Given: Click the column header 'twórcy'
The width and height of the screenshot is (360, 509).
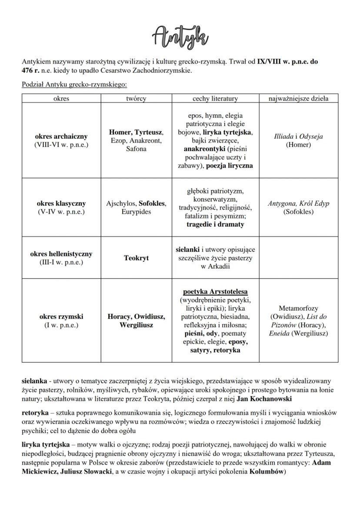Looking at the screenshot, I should click(136, 99).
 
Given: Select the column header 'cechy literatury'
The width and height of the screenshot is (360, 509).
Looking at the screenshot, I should click(215, 99).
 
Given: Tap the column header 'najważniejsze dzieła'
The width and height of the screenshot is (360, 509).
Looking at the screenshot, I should click(298, 99).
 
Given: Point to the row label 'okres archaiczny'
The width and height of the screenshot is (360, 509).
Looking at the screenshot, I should click(61, 136).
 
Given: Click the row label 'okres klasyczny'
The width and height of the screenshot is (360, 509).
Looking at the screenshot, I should click(61, 203).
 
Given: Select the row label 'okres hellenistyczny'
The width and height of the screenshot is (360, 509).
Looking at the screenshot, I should click(61, 253).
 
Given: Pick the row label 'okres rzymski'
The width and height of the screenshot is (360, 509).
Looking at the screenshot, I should click(61, 316).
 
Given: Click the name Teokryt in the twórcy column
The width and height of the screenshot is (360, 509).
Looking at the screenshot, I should click(136, 258).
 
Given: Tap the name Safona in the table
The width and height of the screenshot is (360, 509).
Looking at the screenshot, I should click(136, 149).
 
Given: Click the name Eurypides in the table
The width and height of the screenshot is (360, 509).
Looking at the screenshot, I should click(136, 212).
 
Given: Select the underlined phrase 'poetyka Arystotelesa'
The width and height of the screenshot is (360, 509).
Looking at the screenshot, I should click(215, 291).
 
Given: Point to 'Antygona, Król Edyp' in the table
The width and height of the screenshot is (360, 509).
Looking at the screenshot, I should click(298, 203).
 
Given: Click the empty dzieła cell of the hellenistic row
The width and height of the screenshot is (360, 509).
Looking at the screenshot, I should click(298, 258).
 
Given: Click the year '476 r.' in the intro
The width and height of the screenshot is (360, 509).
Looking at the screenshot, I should click(31, 70).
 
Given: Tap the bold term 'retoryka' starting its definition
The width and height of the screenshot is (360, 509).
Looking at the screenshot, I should click(35, 412).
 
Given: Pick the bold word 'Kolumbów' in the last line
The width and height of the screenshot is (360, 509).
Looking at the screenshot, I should click(267, 471).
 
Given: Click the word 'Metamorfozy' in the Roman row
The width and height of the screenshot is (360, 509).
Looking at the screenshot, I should click(298, 308).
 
